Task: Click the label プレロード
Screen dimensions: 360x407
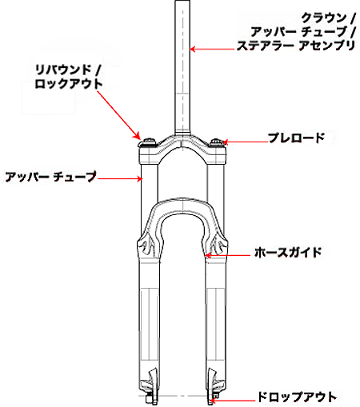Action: (296, 138)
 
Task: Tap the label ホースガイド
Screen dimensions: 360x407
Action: (288, 252)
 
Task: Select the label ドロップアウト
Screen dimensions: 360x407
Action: (297, 397)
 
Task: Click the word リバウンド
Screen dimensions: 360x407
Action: (63, 70)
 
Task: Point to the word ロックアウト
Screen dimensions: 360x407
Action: (69, 84)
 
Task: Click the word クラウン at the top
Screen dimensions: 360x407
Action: (324, 18)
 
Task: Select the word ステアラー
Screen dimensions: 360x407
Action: (266, 46)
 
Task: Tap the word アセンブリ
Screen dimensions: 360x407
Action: (326, 46)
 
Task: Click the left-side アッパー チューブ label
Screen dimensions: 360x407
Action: (50, 177)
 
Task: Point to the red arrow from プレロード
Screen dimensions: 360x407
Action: (245, 142)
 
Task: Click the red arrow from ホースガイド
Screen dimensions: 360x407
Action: (227, 255)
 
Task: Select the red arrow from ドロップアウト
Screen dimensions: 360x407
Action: (233, 400)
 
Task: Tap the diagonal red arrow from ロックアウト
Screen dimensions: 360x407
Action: (118, 115)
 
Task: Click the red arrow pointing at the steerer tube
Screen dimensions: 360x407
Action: (212, 49)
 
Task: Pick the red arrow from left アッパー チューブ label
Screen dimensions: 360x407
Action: (120, 178)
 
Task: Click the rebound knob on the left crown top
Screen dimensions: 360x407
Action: (147, 142)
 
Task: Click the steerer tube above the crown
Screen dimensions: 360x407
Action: (182, 66)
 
